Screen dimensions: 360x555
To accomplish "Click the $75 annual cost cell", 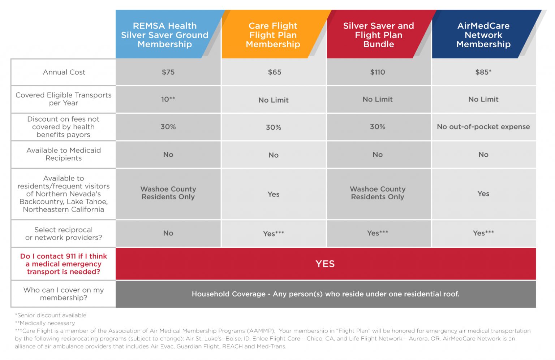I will pos(168,72).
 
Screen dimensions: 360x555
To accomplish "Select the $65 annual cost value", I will pos(274,72).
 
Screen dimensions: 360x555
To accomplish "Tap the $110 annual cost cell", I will pos(377,72).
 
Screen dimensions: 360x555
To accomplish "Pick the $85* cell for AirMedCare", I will pos(483,72).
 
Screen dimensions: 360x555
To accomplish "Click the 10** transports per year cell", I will pos(168,99).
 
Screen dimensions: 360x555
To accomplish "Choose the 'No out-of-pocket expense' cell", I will pos(483,127).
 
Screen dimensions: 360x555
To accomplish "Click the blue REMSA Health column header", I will pos(164,35).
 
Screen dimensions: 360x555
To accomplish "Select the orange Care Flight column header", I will pos(273,35).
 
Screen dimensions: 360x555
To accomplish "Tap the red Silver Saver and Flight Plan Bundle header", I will pos(378,35).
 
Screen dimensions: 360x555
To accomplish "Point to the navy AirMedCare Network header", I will pos(483,35).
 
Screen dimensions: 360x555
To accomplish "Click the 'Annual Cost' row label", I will pos(64,72).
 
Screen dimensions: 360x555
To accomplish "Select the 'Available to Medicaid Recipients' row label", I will pos(64,154).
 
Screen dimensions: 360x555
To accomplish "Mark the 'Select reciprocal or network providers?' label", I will pos(64,234).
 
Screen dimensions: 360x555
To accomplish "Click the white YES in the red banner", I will pos(325,264).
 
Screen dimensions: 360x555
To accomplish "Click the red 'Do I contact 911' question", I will pos(64,264).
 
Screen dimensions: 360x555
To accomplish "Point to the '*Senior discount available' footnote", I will pos(51,315).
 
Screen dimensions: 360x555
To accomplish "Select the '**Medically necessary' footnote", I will pos(45,323).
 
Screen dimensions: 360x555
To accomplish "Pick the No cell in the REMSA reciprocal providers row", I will pos(168,233).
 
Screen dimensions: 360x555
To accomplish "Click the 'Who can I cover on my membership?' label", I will pos(64,294).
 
